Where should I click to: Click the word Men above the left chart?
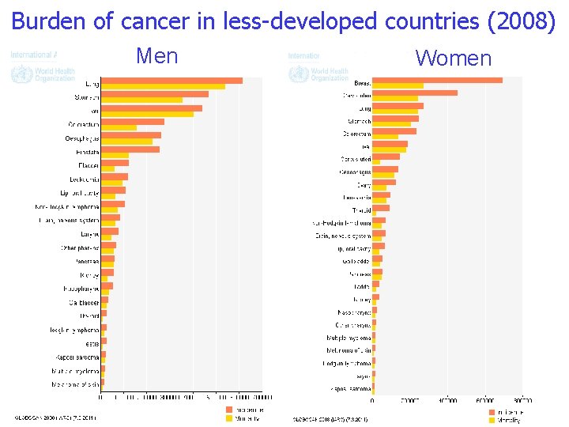157,56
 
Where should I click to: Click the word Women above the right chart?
454,58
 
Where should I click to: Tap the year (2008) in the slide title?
522,21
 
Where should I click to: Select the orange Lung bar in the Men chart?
171,81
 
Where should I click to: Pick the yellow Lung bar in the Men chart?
163,87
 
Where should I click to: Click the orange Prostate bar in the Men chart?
130,149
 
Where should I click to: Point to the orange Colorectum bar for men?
133,122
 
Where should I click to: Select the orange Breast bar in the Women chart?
437,80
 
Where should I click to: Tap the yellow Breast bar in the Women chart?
398,86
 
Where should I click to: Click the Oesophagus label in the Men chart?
82,138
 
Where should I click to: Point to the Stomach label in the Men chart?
86,97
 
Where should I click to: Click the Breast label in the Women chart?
362,82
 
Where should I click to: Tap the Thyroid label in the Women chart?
361,210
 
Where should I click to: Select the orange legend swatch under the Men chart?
229,410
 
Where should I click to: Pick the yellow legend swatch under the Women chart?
492,421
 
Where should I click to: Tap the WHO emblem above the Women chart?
297,74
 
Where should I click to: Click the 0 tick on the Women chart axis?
373,400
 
